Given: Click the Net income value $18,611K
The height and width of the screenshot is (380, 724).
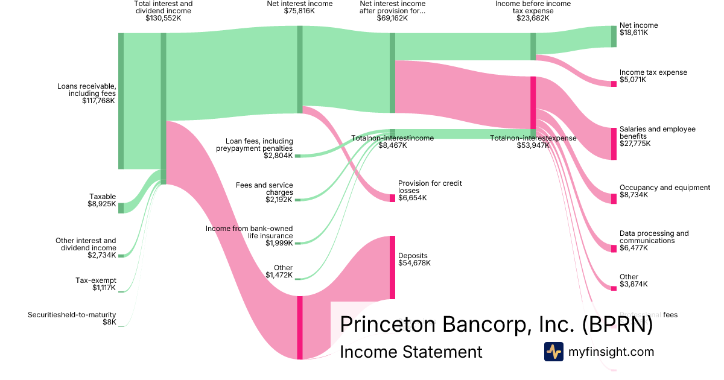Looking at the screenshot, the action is pos(634,33).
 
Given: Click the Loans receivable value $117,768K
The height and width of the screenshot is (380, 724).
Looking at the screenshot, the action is pos(99,101).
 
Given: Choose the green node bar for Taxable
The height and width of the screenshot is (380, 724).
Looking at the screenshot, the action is pos(121,208).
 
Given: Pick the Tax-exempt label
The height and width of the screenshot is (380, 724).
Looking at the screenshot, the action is pos(96,280).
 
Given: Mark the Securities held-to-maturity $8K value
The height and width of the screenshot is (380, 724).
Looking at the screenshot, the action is pos(109,322).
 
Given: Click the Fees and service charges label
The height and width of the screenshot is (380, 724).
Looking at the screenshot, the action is pos(264,188).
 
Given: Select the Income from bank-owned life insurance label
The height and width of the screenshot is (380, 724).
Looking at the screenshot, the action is pos(249,232).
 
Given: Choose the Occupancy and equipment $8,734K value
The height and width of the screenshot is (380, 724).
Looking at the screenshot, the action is pos(634,195).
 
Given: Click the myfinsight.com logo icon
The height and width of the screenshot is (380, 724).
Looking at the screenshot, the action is pos(553,352).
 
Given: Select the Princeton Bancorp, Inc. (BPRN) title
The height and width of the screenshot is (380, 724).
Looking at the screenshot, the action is pos(496,324).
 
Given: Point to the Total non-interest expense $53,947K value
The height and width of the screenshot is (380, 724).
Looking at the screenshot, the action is pos(533,145).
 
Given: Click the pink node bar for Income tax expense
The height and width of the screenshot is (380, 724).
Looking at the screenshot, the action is pos(614,84).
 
